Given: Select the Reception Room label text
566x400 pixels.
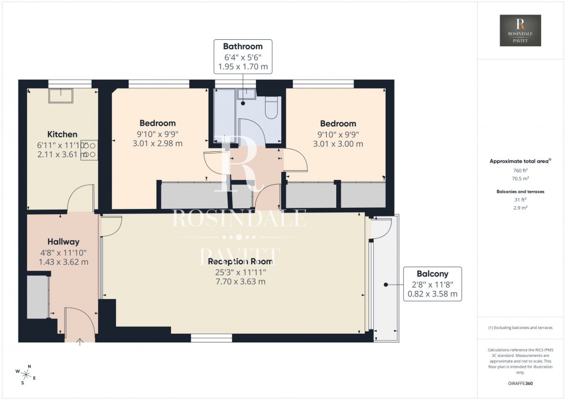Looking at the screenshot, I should point(237,261).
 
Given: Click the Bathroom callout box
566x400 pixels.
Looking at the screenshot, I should point(243,57).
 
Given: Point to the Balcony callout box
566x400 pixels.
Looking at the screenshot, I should point(433,284).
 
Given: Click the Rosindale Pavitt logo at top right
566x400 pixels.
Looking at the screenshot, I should point(521,31).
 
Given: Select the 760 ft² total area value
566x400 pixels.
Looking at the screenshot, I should point(521,171).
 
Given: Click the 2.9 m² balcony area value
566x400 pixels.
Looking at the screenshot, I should point(521,207).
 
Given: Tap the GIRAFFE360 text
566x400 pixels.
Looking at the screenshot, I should point(521,382).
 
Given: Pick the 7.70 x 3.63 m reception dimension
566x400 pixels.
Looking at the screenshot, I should point(237,282).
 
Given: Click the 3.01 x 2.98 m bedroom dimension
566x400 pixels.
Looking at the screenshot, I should point(157,144).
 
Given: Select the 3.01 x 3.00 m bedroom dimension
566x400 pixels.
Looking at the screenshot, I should point(338,144).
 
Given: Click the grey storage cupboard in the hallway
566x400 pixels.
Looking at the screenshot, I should point(38,297).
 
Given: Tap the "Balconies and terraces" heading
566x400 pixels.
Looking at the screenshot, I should point(521,191).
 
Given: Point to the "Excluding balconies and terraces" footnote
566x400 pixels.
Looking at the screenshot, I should point(521,327).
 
